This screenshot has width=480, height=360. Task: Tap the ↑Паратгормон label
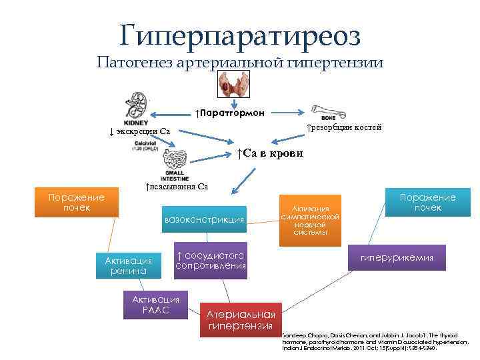(230, 112)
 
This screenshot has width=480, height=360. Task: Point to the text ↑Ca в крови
(269, 153)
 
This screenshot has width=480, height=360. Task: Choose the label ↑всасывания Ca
(177, 186)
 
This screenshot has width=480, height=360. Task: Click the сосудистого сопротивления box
(210, 260)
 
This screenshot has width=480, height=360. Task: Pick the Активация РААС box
(156, 305)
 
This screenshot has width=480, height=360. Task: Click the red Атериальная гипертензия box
(241, 320)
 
